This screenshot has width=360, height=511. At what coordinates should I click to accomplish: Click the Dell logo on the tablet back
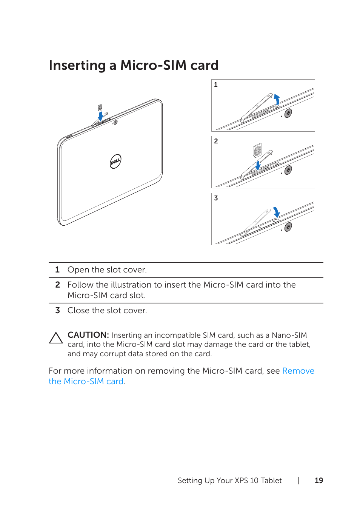pos(115,161)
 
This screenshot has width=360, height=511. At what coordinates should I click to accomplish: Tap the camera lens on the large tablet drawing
pos(115,122)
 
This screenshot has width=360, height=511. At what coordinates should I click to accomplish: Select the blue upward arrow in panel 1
pos(277,99)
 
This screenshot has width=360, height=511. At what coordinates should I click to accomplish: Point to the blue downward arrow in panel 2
pos(258,165)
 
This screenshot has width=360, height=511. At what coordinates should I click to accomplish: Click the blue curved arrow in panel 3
pos(276,212)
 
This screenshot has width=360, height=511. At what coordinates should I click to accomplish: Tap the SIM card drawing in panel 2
pos(257,151)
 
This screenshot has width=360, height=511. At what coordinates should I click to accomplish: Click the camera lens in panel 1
pos(288,113)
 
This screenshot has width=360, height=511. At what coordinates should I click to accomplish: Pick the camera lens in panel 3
pos(288,226)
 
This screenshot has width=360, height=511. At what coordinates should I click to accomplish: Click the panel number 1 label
pos(216,85)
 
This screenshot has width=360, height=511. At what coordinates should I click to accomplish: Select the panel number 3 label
pos(216,198)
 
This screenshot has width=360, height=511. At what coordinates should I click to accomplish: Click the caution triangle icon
pos(56,338)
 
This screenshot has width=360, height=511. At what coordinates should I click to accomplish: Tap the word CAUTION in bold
pos(88,335)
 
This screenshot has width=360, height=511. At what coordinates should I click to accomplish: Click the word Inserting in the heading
pos(77,66)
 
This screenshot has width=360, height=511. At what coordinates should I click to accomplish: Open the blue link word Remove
pos(298,371)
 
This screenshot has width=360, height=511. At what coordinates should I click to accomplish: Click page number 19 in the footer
pos(319,480)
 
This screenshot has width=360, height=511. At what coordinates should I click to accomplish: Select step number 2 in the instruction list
pos(57,285)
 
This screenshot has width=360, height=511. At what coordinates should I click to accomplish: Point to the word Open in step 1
pos(78,270)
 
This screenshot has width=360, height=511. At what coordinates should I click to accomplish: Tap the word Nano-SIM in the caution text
pos(289,335)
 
